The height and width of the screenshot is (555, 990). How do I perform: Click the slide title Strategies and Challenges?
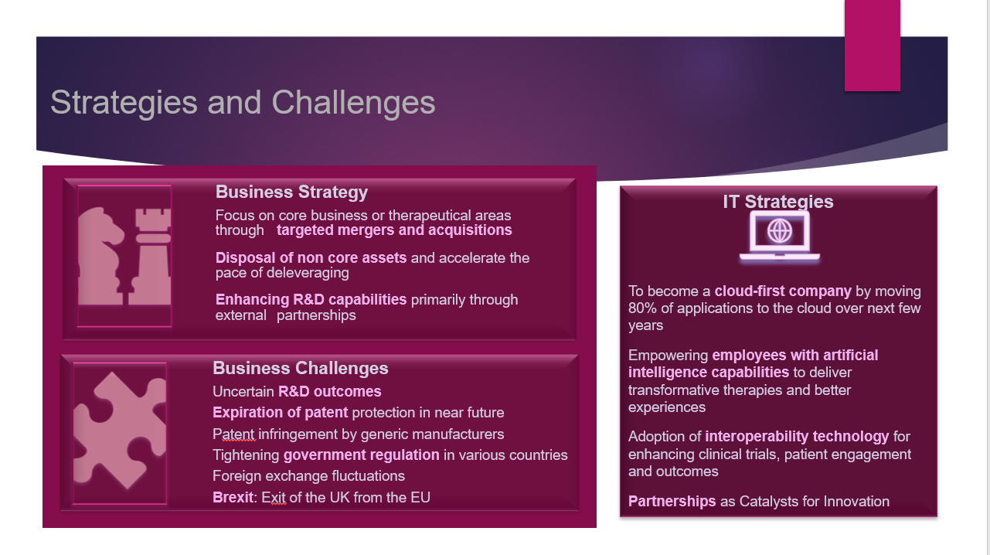click(243, 103)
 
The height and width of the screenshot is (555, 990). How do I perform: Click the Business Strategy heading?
click(291, 192)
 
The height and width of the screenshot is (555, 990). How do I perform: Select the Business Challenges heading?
click(301, 368)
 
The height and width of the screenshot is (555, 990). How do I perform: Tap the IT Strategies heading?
click(778, 202)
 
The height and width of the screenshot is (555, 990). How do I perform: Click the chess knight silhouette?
click(100, 257)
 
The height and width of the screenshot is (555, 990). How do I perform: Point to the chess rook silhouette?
click(151, 257)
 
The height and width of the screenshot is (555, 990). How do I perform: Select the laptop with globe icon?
click(780, 237)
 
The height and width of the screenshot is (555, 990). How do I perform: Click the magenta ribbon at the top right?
click(872, 46)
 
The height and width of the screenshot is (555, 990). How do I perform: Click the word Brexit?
click(233, 498)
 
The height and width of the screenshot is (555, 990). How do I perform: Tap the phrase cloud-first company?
click(783, 291)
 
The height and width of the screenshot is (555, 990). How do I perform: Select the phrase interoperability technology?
click(797, 437)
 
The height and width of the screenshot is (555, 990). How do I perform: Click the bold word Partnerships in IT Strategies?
click(672, 502)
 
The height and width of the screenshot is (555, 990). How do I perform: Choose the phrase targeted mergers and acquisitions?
click(394, 230)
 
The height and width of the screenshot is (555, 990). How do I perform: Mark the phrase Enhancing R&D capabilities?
click(311, 300)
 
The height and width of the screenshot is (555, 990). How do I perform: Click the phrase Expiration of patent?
click(281, 413)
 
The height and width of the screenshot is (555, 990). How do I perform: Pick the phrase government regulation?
click(362, 455)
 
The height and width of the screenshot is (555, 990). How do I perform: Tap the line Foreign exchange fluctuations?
click(308, 476)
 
